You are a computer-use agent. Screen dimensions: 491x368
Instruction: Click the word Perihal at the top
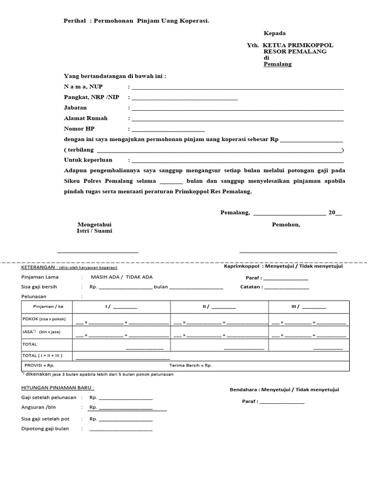(x=75, y=21)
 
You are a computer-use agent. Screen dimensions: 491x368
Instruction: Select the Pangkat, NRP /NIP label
(x=92, y=97)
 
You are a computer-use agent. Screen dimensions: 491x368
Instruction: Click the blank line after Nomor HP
(x=168, y=130)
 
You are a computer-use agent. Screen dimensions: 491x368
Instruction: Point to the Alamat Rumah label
(x=86, y=118)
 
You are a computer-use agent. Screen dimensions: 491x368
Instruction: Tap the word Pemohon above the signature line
(x=286, y=224)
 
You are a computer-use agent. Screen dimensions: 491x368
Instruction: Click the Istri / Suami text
(x=94, y=231)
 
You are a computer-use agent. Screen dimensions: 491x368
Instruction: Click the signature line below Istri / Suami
(x=98, y=251)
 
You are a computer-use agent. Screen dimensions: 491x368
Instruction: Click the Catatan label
(x=251, y=287)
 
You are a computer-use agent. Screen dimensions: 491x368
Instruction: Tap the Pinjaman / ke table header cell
(x=48, y=306)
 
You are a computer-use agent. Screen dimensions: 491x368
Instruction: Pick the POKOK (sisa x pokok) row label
(x=44, y=319)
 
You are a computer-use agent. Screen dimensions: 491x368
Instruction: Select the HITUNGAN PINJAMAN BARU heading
(x=57, y=387)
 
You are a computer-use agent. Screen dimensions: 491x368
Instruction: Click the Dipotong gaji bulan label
(x=45, y=429)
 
